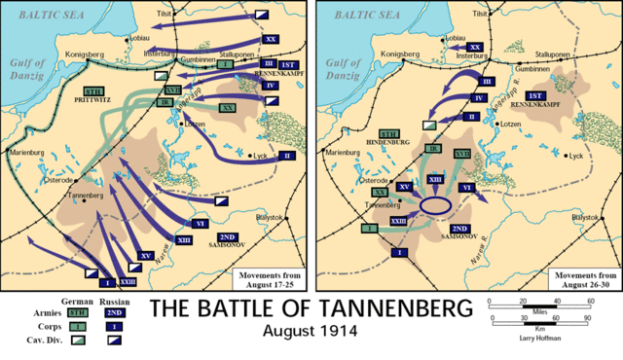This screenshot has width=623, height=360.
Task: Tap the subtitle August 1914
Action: tap(310, 333)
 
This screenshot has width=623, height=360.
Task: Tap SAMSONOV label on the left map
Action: tap(228, 246)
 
